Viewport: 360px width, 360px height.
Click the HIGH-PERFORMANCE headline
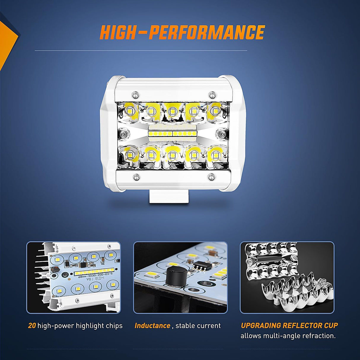(182, 32)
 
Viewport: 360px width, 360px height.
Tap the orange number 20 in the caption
(32, 326)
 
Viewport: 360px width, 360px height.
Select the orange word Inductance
(152, 326)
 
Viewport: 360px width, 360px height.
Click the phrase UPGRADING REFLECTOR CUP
(289, 325)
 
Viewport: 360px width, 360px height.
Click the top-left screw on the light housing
(136, 95)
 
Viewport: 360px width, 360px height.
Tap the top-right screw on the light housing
(211, 95)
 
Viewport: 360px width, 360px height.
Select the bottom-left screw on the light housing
(136, 177)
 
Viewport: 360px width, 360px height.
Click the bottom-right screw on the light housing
(211, 177)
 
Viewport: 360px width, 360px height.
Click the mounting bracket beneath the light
(169, 197)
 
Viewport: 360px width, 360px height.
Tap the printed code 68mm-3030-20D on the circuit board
(95, 275)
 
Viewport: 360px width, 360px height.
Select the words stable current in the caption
(198, 326)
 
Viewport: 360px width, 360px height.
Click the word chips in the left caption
(114, 326)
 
